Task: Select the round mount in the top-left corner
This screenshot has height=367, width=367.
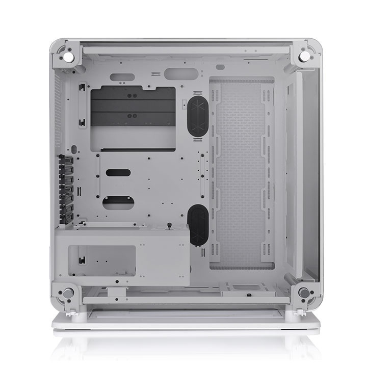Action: tap(68, 53)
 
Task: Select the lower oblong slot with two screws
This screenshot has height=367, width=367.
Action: tap(121, 202)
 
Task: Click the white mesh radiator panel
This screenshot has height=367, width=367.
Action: tap(241, 173)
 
